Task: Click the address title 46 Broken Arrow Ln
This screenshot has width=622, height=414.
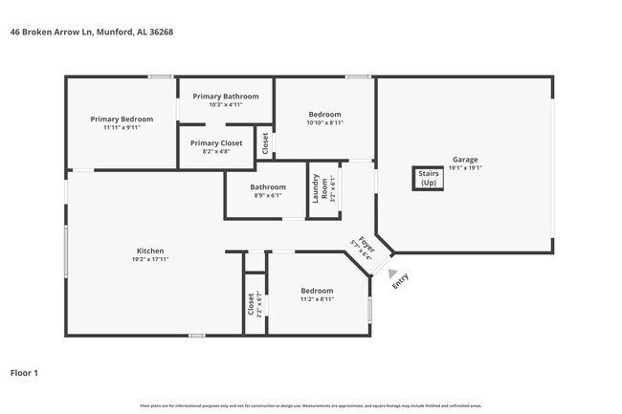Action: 91,32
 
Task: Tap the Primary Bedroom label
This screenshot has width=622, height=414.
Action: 122,120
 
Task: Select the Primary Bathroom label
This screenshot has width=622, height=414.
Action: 225,97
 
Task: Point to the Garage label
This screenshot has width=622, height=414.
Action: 465,160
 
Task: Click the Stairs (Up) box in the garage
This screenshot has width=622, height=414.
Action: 428,179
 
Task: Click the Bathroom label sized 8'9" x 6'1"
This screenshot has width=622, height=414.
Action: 268,187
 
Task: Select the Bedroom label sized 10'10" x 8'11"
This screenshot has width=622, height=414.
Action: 323,115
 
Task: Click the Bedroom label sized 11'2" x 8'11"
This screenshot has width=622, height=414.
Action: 317,291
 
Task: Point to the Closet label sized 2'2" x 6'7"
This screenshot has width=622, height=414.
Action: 252,304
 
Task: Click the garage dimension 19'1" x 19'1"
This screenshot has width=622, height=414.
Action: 465,168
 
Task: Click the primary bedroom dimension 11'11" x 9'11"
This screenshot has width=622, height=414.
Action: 122,127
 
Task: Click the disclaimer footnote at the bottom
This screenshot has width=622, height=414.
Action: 312,406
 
